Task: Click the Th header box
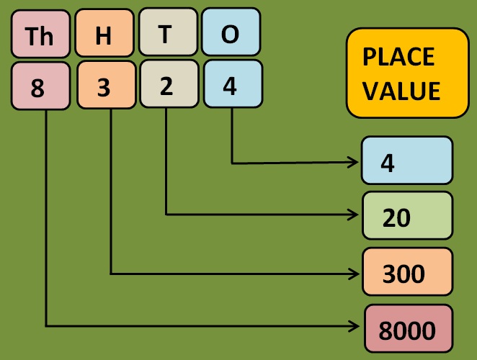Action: click(40, 35)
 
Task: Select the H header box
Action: click(104, 34)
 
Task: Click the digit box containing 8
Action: click(40, 86)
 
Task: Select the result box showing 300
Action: click(407, 271)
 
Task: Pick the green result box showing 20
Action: click(407, 216)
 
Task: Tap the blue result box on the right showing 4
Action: click(407, 161)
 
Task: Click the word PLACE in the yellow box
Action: click(398, 57)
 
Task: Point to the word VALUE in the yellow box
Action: click(401, 91)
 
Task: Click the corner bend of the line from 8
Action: click(46, 326)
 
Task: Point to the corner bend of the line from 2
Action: click(166, 214)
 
